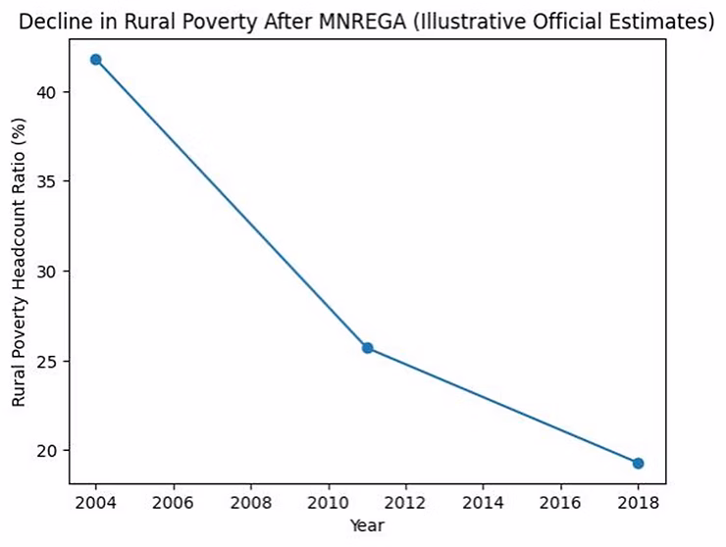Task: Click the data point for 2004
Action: tap(95, 60)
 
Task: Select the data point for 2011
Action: tap(367, 348)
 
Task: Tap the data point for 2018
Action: tap(638, 463)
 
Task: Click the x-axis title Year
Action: tap(367, 525)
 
